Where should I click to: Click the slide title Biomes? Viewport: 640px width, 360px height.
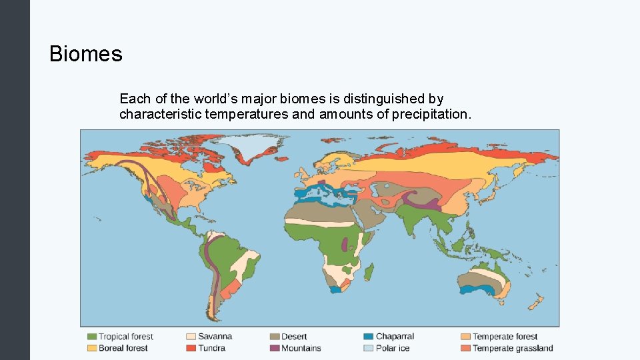86,54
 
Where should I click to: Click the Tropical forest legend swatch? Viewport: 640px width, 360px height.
92,337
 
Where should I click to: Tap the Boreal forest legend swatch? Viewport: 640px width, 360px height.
92,348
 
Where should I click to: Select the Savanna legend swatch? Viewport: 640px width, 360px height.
191,337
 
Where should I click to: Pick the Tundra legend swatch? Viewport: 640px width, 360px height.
191,348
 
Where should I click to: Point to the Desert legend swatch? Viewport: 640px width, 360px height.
274,337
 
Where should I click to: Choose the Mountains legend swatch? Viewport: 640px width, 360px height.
274,348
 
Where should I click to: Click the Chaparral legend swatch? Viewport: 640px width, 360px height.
369,337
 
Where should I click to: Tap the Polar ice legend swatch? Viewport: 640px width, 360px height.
369,348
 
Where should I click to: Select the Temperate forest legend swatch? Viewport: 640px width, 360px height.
465,337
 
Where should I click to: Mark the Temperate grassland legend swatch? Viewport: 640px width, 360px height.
465,348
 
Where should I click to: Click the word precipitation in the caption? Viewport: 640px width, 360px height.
431,114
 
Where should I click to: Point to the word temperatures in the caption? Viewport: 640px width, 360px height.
247,114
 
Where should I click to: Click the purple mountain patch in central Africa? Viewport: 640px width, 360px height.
344,245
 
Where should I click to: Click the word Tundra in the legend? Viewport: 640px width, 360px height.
211,348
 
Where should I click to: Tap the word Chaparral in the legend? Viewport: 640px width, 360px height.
395,337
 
